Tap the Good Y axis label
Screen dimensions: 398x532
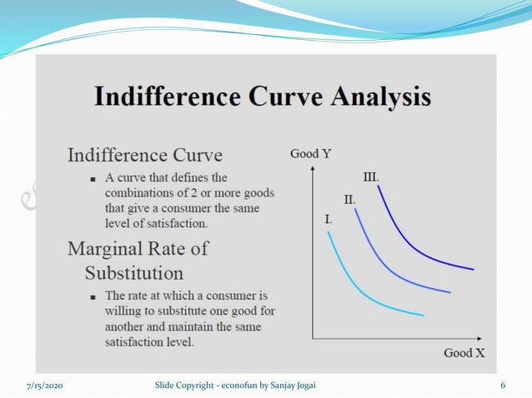pyautogui.click(x=310, y=153)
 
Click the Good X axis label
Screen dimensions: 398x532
pyautogui.click(x=464, y=352)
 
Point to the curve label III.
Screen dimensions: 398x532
pyautogui.click(x=371, y=177)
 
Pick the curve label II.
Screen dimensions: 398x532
pyautogui.click(x=350, y=200)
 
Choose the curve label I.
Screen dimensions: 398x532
pyautogui.click(x=329, y=221)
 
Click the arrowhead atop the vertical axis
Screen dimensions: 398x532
pyautogui.click(x=312, y=167)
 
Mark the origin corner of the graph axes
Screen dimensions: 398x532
pyautogui.click(x=312, y=338)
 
